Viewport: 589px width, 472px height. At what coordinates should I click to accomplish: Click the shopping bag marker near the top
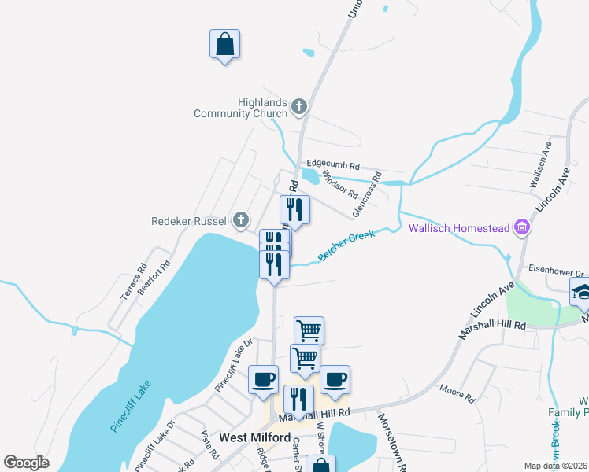(224, 45)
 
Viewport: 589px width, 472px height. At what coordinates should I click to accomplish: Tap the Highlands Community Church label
(242, 108)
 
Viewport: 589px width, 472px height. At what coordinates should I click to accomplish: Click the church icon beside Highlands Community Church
(298, 105)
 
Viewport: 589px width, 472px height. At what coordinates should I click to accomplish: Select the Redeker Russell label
(190, 221)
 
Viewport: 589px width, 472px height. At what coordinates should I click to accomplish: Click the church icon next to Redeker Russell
(241, 220)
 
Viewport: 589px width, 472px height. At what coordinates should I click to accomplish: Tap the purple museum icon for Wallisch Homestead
(520, 229)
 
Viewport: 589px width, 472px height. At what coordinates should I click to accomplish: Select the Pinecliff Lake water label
(130, 406)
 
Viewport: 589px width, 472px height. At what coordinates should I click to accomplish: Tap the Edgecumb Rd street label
(333, 166)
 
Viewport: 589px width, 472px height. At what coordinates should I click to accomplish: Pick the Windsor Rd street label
(341, 188)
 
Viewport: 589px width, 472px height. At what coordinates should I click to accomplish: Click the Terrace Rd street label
(133, 281)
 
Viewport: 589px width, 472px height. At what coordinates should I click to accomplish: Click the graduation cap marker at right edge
(581, 292)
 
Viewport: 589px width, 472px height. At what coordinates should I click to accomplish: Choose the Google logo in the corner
(26, 463)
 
